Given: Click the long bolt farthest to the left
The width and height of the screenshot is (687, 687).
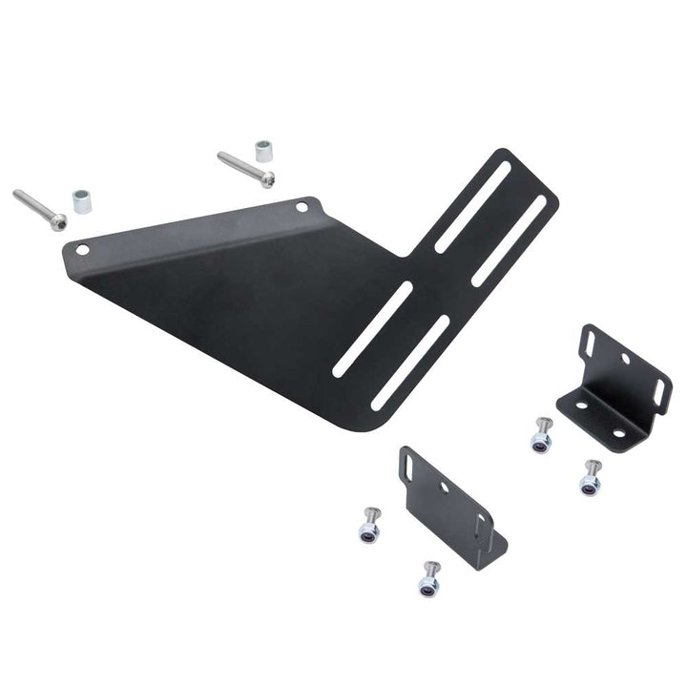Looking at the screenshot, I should pyautogui.click(x=39, y=208).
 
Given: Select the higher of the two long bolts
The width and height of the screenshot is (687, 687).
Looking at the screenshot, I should pyautogui.click(x=246, y=169).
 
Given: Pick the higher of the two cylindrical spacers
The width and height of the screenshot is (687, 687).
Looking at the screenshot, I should pyautogui.click(x=262, y=151).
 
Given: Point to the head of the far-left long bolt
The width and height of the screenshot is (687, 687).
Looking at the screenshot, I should pyautogui.click(x=58, y=221).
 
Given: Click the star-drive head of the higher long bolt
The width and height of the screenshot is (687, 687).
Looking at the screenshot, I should pyautogui.click(x=269, y=179).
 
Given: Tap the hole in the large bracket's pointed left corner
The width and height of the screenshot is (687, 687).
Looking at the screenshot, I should pyautogui.click(x=83, y=250).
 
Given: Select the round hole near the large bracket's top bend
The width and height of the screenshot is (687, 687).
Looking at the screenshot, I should pyautogui.click(x=302, y=206).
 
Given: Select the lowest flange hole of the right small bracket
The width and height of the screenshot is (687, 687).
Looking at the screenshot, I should pyautogui.click(x=618, y=432).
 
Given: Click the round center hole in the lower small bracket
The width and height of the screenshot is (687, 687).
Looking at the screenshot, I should pyautogui.click(x=445, y=488).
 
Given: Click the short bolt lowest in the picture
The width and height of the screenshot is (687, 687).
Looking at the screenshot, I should pyautogui.click(x=430, y=578).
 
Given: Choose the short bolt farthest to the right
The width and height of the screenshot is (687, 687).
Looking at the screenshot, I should pyautogui.click(x=592, y=477).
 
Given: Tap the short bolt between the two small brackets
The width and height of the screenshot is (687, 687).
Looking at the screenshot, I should pyautogui.click(x=542, y=435).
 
